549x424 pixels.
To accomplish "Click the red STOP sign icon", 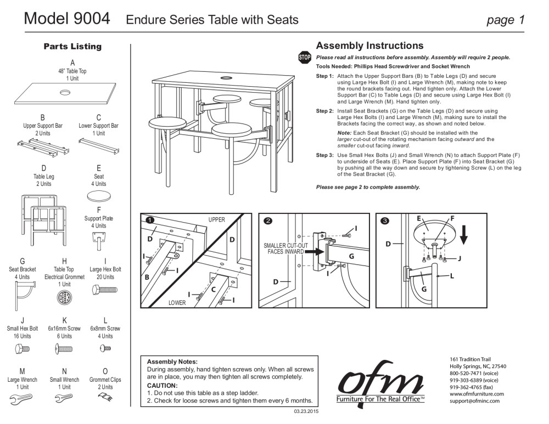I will click(x=304, y=57).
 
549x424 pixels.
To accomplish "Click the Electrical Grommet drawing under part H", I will click(x=64, y=298).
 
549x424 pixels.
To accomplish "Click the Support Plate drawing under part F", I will click(x=99, y=239).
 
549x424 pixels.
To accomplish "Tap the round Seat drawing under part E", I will click(x=99, y=196).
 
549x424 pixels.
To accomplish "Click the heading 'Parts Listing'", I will click(x=72, y=47).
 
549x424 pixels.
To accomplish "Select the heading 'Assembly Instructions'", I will click(x=369, y=46).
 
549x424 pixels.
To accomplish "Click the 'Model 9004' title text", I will click(x=67, y=19).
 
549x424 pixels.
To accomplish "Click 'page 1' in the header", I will click(x=506, y=20).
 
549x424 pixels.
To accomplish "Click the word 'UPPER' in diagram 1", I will click(x=216, y=219).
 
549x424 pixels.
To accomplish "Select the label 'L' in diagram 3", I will click(x=452, y=276).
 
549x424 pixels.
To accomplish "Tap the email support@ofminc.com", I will click(x=474, y=401).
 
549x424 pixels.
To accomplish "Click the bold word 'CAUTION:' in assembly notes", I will click(x=163, y=386).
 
